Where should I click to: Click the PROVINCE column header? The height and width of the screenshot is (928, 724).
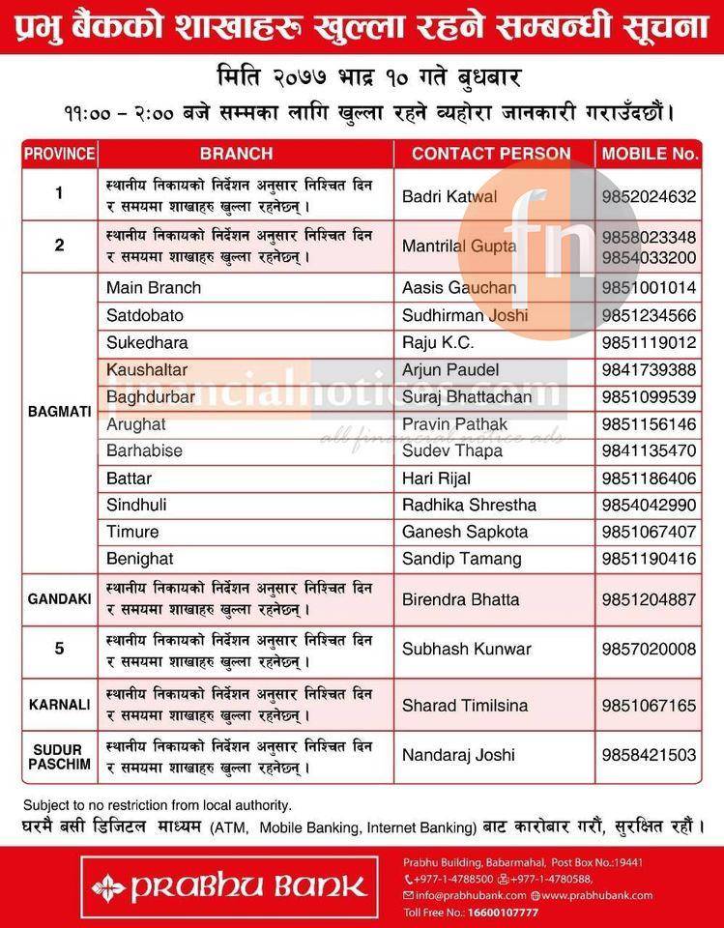coord(59,153)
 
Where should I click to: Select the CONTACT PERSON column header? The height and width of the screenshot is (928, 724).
coord(491,153)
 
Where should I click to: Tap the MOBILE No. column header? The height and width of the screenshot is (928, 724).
coord(650,153)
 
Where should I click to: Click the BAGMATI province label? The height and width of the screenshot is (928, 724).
coord(59,411)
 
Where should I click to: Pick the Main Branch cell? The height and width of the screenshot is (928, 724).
coord(155,288)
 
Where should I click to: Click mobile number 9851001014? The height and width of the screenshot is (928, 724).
coord(649,288)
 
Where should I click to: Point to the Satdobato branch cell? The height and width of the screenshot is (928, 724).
coord(145,315)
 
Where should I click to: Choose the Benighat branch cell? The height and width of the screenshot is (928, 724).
coord(142,559)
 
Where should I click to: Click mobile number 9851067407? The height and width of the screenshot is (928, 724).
coord(649,532)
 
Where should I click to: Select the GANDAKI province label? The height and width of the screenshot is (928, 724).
coord(59,599)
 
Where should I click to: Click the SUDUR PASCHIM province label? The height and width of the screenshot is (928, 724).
coord(59,756)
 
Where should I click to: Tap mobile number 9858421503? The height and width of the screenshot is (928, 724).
coord(649,755)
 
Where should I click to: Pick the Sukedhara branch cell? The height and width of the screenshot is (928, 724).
coord(147,342)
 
